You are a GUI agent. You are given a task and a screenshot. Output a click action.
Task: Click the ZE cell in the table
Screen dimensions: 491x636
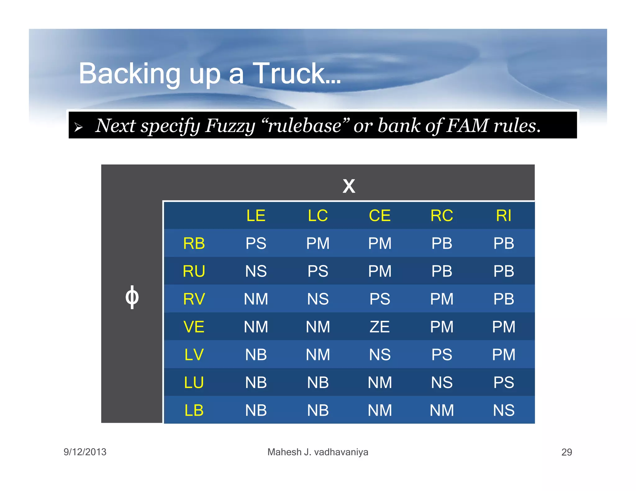click(379, 327)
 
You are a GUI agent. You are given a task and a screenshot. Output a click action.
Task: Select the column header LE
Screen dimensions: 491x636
click(256, 216)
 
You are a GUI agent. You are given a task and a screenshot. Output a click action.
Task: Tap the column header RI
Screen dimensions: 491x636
click(503, 216)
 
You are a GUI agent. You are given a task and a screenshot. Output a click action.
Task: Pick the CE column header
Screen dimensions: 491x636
click(379, 216)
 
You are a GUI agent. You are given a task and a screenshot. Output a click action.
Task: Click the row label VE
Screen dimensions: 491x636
click(194, 327)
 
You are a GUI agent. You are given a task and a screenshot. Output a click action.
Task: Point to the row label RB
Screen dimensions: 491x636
click(194, 243)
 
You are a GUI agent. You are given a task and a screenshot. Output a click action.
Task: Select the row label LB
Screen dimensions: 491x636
click(194, 410)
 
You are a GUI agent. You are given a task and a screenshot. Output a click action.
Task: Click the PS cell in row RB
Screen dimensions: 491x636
click(256, 243)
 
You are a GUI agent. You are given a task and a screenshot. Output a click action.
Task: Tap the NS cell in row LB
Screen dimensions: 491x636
click(503, 410)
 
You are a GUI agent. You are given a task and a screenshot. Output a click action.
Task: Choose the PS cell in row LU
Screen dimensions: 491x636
click(503, 382)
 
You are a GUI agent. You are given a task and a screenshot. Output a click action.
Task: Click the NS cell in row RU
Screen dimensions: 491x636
click(256, 271)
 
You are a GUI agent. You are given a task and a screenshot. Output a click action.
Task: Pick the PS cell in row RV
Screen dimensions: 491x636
click(379, 299)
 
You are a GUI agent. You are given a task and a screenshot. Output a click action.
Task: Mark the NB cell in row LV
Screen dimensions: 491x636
click(256, 355)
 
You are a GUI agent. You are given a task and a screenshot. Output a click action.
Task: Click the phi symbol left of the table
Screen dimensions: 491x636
click(132, 297)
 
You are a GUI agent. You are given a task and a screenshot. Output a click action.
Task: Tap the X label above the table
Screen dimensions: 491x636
click(349, 186)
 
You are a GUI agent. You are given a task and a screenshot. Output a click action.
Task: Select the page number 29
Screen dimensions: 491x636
click(566, 452)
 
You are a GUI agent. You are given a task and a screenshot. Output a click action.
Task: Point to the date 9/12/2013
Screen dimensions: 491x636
click(85, 452)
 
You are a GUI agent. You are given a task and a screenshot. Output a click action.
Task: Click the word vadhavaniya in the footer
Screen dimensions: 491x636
click(341, 452)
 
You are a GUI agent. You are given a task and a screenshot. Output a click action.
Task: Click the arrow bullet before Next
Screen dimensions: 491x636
click(79, 127)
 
